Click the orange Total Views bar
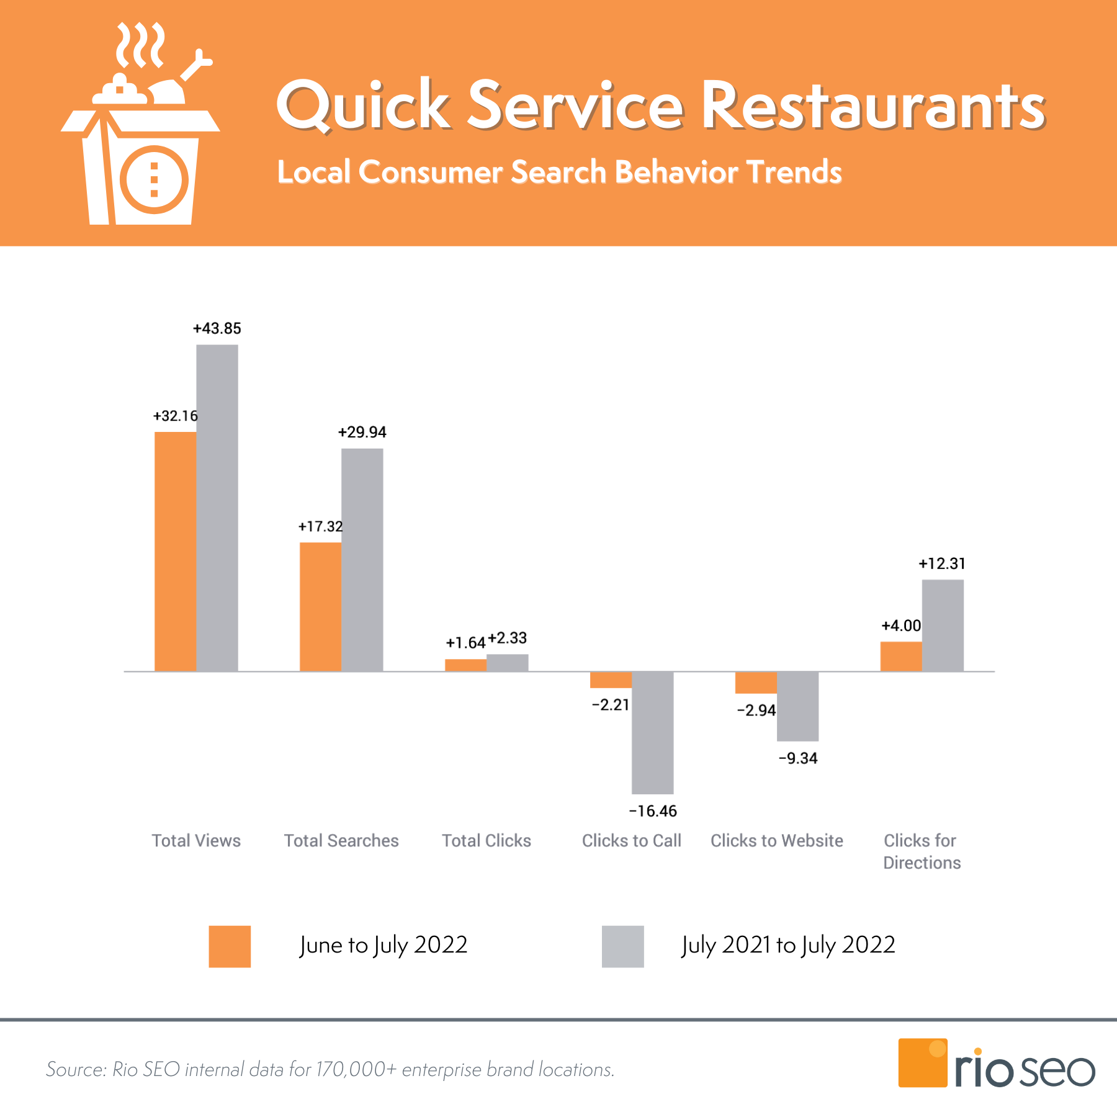[x=175, y=551]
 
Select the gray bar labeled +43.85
[x=217, y=508]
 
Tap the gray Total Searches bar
[x=362, y=559]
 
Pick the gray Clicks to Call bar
[x=652, y=732]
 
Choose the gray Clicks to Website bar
[x=797, y=706]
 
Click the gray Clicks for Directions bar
[x=943, y=625]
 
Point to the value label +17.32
[x=320, y=526]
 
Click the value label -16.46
[x=653, y=811]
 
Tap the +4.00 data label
[x=901, y=626]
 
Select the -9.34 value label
[x=798, y=758]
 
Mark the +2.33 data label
[x=507, y=638]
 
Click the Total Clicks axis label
[x=487, y=841]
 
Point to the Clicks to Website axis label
[x=776, y=841]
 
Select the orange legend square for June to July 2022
[x=230, y=946]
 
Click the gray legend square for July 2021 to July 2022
[x=622, y=946]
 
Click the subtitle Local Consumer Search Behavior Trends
[x=559, y=172]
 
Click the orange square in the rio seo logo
[x=922, y=1062]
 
